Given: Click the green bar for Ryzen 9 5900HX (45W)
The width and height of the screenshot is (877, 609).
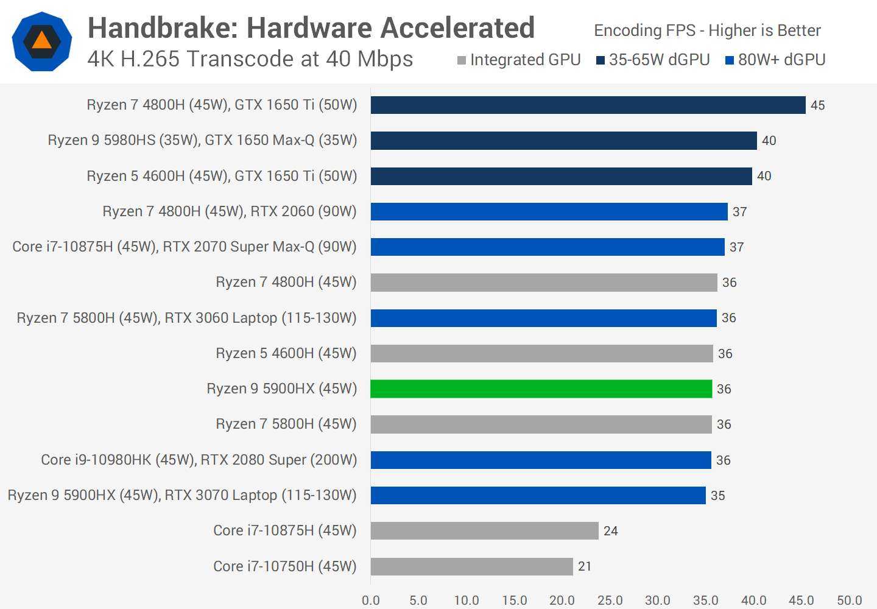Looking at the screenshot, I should click(541, 389).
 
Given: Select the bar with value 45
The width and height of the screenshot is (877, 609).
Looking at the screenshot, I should click(588, 105).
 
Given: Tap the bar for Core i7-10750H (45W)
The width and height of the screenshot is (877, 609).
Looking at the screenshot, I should click(471, 566).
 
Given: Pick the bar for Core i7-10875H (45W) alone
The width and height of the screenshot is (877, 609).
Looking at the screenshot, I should click(484, 530).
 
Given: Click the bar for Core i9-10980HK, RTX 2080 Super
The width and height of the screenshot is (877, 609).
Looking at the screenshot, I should click(541, 460).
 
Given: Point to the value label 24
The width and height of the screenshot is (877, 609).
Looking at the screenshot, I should click(610, 531).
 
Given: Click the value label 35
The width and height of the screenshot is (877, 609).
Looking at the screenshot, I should click(717, 496).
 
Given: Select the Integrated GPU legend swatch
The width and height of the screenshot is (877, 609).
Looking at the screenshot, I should click(462, 60).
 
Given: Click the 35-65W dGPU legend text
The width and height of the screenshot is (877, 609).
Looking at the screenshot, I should click(659, 60).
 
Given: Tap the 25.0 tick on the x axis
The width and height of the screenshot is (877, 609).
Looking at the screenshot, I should click(610, 600).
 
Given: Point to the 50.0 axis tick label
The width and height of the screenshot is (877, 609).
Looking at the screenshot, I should click(849, 600).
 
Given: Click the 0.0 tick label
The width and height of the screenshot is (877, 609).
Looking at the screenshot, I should click(370, 600).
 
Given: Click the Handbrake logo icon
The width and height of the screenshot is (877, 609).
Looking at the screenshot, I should click(42, 41).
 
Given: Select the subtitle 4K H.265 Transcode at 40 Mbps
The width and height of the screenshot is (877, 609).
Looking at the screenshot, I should click(250, 59).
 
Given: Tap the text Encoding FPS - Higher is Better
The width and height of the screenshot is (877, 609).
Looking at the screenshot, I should click(707, 30).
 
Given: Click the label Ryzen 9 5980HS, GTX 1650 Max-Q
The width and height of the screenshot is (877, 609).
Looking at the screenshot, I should click(202, 140).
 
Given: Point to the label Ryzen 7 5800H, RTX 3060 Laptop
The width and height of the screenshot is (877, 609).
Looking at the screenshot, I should click(186, 318).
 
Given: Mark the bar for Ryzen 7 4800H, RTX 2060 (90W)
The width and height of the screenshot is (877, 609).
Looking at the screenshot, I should click(549, 211).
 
